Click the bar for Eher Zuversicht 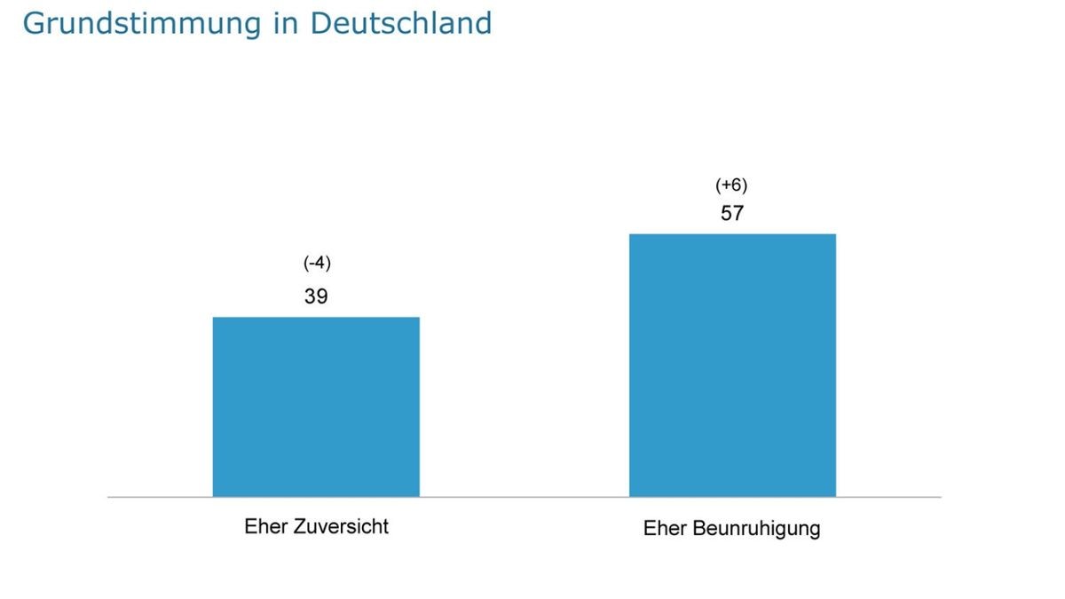316,406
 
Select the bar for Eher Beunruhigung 732,365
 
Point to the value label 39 316,297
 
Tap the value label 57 732,214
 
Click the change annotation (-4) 317,264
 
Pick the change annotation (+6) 732,185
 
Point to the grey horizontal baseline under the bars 524,498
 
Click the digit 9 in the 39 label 322,297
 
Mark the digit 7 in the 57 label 738,214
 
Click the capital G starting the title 33,23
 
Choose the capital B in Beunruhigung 698,529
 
